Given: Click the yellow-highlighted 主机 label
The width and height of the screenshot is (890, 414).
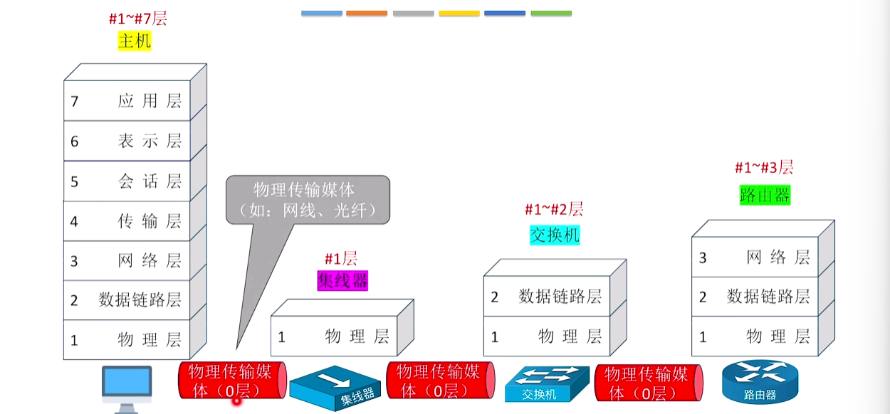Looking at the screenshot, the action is coord(135,41).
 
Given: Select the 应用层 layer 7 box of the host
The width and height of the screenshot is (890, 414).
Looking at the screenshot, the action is coord(127,101).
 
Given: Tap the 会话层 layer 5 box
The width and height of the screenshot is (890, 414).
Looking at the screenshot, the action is coord(127,181).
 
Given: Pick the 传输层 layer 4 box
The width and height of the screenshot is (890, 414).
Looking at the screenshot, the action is coord(127,221).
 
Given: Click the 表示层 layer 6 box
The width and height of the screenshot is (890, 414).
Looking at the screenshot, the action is coord(127,141).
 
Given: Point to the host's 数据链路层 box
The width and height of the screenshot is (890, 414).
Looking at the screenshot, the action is coord(127,300).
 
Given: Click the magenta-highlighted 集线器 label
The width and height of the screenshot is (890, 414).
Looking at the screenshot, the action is coord(342,281).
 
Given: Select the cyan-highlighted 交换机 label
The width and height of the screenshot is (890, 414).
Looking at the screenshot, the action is coord(555,235).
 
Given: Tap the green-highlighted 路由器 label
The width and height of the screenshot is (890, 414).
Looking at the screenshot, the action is coord(765,195).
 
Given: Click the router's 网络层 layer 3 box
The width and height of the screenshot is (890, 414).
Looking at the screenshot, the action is coord(755,258).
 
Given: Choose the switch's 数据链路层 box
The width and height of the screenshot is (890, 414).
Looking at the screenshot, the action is coord(547,296).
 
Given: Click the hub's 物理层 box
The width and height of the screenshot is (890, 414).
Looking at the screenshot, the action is coord(334,336).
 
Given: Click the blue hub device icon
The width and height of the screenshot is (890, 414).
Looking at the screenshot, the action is coord(335,388).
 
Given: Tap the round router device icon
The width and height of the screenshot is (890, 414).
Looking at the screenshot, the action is coord(760,381).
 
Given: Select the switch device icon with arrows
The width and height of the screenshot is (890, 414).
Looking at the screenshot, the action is coord(547,384).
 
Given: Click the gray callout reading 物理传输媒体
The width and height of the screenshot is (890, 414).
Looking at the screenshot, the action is coord(308,200).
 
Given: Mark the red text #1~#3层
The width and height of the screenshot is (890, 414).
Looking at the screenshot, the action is coord(764,167).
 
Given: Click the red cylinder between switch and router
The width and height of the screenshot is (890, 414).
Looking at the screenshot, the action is coord(649,383).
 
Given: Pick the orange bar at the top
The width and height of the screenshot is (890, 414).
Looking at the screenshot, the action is coord(367,14).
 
